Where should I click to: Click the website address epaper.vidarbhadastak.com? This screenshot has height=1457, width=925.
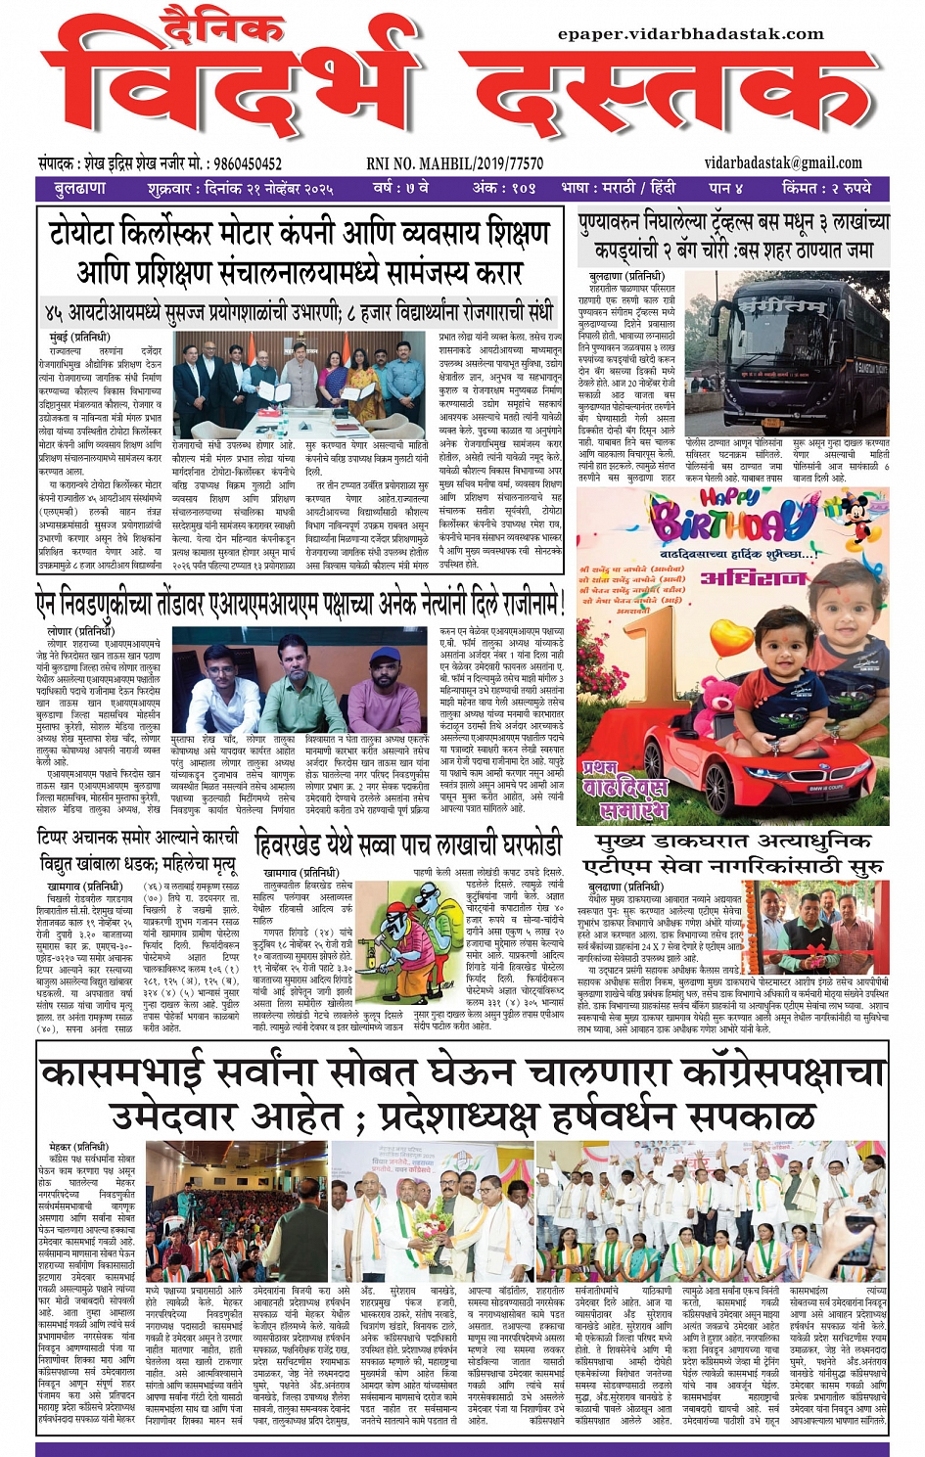click(690, 34)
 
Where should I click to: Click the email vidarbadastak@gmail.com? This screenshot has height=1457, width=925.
click(783, 163)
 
